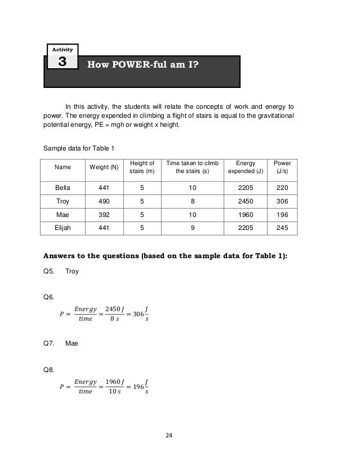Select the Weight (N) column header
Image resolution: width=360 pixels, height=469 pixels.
(x=104, y=167)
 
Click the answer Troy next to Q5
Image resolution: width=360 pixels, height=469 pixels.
(x=72, y=271)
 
